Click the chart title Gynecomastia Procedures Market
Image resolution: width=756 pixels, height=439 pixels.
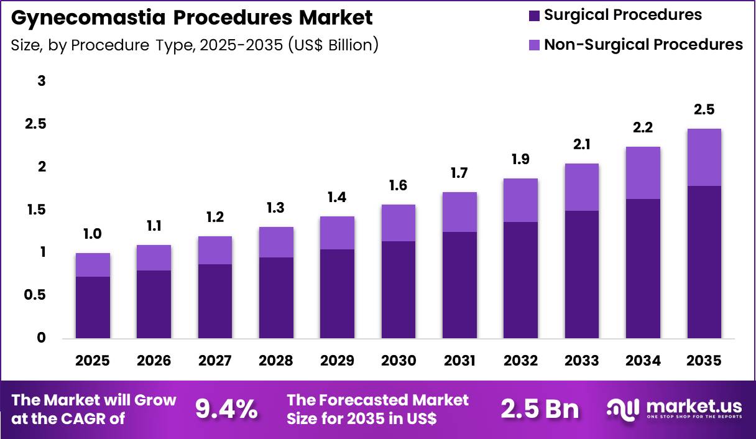192,17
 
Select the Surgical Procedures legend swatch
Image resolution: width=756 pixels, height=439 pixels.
535,16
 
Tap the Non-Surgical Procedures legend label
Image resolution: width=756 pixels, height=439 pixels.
643,45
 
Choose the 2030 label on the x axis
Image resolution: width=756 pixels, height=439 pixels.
399,361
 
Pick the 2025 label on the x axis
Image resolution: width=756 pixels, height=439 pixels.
93,361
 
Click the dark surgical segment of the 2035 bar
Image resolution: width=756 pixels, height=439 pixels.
704,261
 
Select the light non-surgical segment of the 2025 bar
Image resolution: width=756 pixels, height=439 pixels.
93,265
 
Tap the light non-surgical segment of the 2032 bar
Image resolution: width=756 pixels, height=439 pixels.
521,200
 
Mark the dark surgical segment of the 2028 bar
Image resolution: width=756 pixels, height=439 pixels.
276,297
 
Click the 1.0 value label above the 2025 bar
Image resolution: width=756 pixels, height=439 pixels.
93,234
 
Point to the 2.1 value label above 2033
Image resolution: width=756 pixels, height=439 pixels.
582,145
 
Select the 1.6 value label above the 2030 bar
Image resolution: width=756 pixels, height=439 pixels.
399,186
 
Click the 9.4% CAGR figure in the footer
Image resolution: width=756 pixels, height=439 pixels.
226,409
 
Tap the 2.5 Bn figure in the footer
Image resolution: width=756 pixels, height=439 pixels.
540,409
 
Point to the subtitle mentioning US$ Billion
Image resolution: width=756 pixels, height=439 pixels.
195,45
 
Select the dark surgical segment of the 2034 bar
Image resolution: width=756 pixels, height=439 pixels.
643,268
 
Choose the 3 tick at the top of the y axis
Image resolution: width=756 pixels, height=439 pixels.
42,81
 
